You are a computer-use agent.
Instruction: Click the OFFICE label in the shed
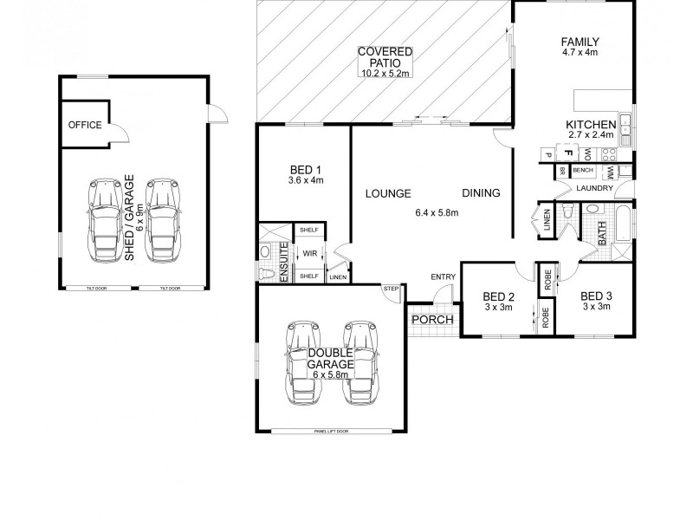point(85,125)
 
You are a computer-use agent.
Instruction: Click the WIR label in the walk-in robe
point(308,254)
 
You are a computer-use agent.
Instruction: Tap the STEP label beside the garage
point(392,289)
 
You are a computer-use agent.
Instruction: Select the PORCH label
point(431,320)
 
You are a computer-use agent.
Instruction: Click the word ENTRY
point(443,276)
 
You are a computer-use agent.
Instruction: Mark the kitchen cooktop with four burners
point(608,155)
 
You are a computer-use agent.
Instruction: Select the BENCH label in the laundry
point(582,171)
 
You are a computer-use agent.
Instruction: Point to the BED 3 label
point(596,295)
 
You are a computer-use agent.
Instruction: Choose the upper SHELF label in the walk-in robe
point(308,231)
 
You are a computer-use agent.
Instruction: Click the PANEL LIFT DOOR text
point(332,431)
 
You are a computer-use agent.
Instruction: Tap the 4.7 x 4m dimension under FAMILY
point(580,53)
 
